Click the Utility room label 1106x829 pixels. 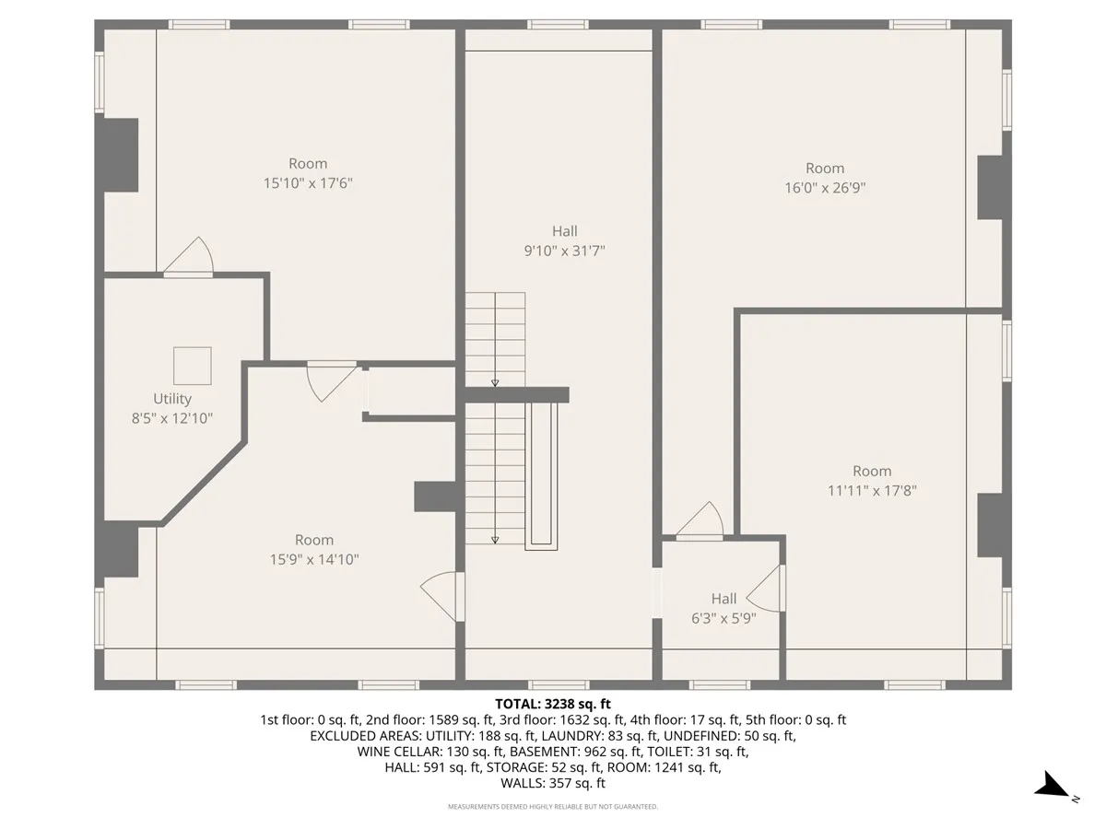pos(172,399)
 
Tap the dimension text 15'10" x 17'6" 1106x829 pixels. pos(308,183)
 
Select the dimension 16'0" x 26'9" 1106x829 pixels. pos(825,188)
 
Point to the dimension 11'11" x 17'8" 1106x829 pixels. pos(872,491)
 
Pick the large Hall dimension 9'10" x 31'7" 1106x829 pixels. pos(564,251)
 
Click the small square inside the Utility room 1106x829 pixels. pos(193,366)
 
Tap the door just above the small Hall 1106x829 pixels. pos(702,520)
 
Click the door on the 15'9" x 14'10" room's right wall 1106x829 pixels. pos(440,594)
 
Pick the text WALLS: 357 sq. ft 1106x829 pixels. pos(553,784)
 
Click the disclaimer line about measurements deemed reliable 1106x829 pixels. pos(553,807)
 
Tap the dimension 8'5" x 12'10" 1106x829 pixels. pos(172,418)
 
